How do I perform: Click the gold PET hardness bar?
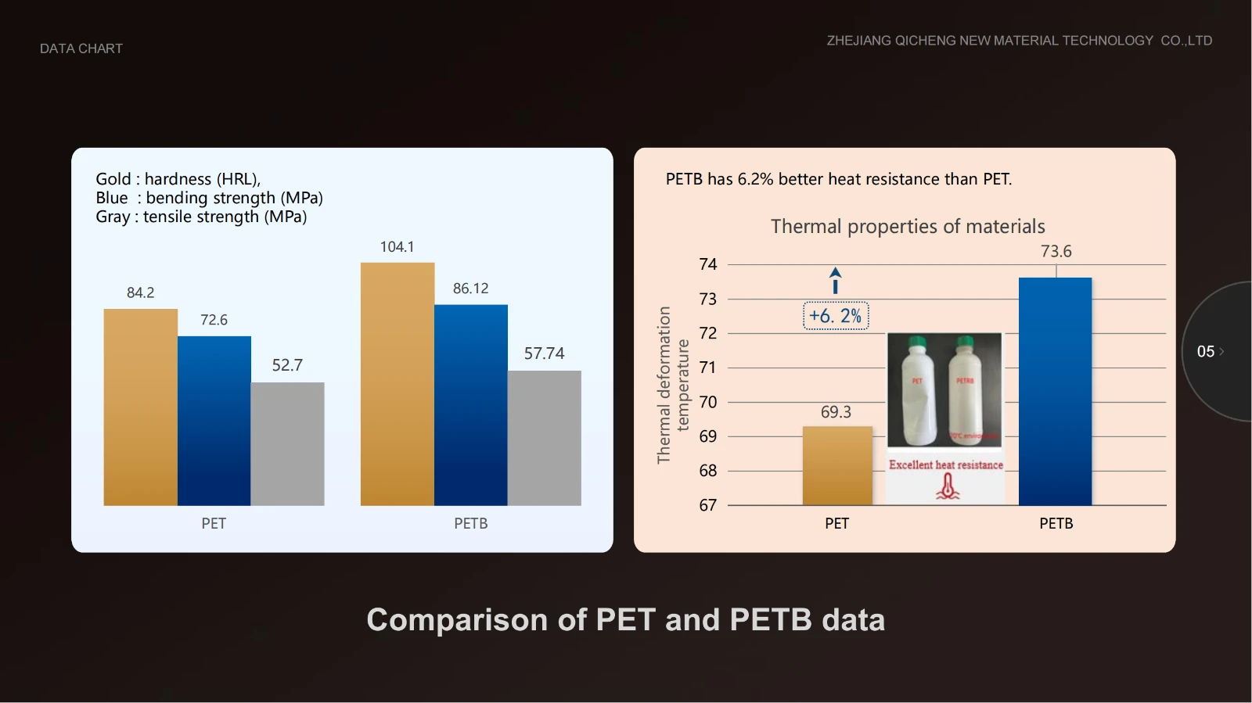(x=140, y=407)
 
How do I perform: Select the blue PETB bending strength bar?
(x=470, y=404)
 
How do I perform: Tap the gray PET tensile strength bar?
(x=287, y=443)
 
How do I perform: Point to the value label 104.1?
(x=397, y=247)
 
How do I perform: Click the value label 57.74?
(x=544, y=353)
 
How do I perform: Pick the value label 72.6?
(x=214, y=320)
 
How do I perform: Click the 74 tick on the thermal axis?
(x=708, y=264)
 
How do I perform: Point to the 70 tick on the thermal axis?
(x=708, y=402)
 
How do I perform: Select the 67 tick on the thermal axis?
(x=708, y=505)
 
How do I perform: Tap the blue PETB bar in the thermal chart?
(x=1055, y=391)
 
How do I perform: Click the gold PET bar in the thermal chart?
(x=837, y=465)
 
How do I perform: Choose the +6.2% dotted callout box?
(x=836, y=316)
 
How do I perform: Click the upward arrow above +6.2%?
(x=836, y=280)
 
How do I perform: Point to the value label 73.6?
(x=1056, y=251)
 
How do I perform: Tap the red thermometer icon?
(x=948, y=486)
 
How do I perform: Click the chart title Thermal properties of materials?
(x=908, y=227)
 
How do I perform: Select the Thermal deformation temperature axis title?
(x=673, y=385)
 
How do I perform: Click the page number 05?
(x=1206, y=352)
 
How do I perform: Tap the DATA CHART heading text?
(x=81, y=48)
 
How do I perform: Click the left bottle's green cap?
(x=917, y=342)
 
